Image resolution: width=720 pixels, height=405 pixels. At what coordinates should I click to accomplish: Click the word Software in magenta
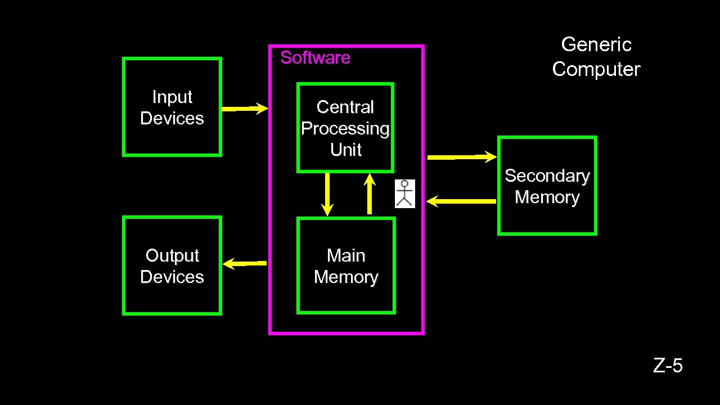tap(315, 57)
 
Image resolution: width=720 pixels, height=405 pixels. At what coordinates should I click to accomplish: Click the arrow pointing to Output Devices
tap(245, 263)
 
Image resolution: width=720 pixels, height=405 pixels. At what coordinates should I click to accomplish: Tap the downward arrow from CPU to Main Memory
tap(327, 194)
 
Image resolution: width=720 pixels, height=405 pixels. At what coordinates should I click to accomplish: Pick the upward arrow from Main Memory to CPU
tap(370, 194)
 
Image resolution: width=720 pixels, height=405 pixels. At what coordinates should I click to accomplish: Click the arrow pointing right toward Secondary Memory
tap(462, 157)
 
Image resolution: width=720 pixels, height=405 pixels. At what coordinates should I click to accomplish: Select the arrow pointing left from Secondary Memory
tap(461, 201)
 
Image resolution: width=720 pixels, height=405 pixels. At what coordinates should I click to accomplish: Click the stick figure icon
tap(404, 193)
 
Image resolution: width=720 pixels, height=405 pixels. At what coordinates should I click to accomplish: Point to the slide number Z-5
tap(668, 366)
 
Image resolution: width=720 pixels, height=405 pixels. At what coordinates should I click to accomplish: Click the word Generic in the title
tap(596, 44)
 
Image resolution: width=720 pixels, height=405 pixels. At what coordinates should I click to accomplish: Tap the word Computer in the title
tap(596, 69)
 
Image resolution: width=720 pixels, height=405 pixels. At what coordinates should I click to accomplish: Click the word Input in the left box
tap(172, 97)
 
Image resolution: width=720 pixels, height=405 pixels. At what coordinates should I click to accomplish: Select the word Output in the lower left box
tap(172, 255)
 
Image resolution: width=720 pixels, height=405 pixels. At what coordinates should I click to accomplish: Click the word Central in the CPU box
tap(345, 107)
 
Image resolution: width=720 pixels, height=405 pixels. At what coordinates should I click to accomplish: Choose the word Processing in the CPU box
tap(345, 128)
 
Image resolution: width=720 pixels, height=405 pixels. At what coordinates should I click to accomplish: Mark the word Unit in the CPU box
tap(345, 150)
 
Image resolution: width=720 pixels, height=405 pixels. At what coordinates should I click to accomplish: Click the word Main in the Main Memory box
tap(346, 255)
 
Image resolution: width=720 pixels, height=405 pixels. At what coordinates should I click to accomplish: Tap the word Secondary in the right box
tap(547, 175)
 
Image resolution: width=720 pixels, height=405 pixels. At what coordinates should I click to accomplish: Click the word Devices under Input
tap(172, 118)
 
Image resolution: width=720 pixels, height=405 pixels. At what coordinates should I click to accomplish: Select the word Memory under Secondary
tap(547, 197)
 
